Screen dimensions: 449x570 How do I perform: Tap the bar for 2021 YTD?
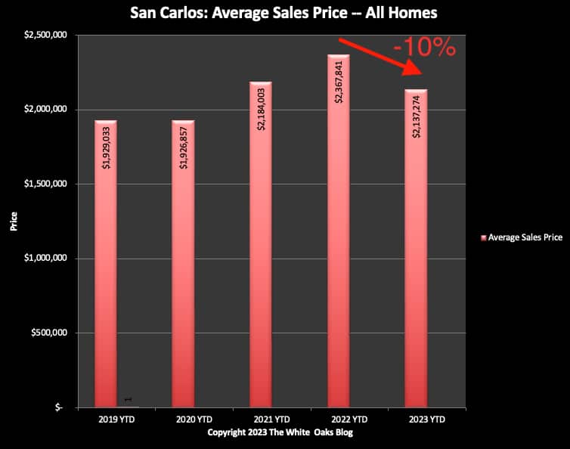(260, 265)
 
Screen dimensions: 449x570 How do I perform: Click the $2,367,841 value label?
(338, 81)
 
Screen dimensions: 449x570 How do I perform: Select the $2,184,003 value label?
(261, 109)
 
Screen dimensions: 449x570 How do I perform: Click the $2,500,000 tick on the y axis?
(48, 36)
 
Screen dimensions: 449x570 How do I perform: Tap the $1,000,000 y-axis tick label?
(48, 259)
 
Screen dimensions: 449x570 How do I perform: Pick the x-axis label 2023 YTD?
(416, 418)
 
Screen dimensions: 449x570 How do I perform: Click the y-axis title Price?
(14, 221)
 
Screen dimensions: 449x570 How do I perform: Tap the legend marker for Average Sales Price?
(483, 237)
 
